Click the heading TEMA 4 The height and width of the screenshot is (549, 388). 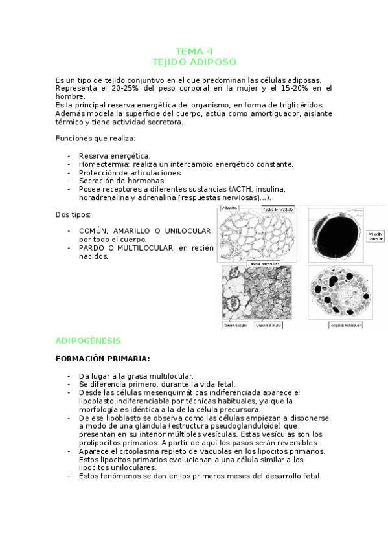194,51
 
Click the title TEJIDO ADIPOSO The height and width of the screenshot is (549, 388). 194,62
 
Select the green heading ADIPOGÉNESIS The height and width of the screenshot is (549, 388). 88,340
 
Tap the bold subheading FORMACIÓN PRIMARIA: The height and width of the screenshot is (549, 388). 102,358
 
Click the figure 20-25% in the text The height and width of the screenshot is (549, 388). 129,89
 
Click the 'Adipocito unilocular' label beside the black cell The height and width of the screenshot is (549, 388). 375,236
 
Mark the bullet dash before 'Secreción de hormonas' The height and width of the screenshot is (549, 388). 69,181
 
